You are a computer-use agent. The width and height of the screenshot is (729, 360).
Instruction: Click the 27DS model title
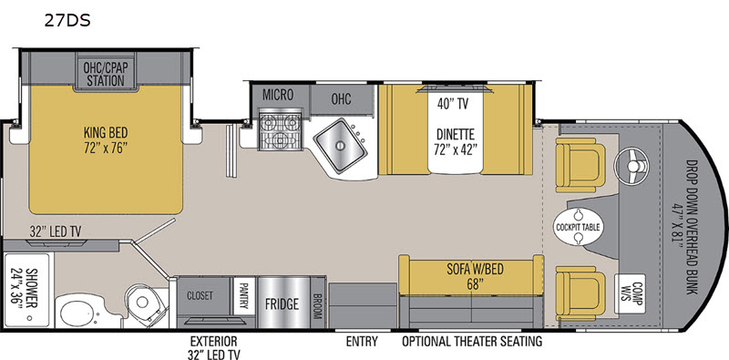[x=67, y=20]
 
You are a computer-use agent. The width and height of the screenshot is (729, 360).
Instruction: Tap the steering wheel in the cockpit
[x=631, y=167]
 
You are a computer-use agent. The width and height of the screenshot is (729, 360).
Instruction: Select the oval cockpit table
[x=578, y=227]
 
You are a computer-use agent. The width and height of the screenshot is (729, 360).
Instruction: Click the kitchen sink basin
[x=340, y=146]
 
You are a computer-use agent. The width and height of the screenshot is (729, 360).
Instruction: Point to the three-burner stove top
[x=280, y=130]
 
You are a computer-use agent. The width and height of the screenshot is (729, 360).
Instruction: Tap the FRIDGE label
[x=282, y=304]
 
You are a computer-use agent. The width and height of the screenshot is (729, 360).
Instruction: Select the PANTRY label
[x=243, y=296]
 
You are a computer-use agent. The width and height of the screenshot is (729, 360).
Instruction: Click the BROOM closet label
[x=318, y=305]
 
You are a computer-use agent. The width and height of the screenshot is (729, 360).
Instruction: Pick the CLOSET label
[x=200, y=295]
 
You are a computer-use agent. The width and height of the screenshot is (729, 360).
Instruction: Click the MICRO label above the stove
[x=278, y=95]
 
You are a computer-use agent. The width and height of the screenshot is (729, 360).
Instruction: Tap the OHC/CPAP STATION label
[x=106, y=73]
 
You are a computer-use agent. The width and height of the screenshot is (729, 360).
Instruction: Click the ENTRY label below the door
[x=362, y=341]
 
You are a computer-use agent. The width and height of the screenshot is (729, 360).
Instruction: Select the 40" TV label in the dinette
[x=452, y=104]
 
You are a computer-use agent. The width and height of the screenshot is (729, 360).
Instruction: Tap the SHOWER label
[x=28, y=291]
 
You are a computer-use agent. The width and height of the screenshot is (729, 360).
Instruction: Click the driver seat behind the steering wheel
[x=580, y=165]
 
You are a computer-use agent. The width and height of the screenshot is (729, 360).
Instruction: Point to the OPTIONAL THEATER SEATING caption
[x=472, y=341]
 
